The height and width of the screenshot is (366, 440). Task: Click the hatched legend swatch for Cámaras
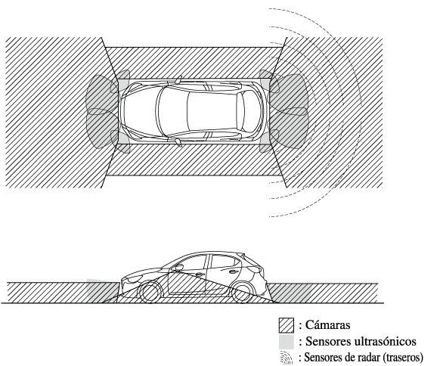coord(287,325)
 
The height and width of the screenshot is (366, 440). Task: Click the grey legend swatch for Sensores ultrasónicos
coord(287,342)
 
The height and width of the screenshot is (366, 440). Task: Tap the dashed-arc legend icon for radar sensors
coord(287,357)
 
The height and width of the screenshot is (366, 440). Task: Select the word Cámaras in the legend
coord(327,325)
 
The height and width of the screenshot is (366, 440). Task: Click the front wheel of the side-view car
coord(150,293)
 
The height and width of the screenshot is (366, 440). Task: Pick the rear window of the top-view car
coord(240,111)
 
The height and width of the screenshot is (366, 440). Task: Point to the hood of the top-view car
coord(138,111)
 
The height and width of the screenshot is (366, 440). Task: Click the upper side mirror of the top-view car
coord(178,79)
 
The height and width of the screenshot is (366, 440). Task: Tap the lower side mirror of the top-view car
coord(178,143)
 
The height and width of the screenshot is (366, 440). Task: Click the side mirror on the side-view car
coord(177,268)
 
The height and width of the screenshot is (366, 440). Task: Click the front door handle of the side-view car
coord(199,274)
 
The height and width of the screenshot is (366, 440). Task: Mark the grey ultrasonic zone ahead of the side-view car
coord(101,291)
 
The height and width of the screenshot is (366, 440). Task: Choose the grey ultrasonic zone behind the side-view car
coord(290,293)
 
